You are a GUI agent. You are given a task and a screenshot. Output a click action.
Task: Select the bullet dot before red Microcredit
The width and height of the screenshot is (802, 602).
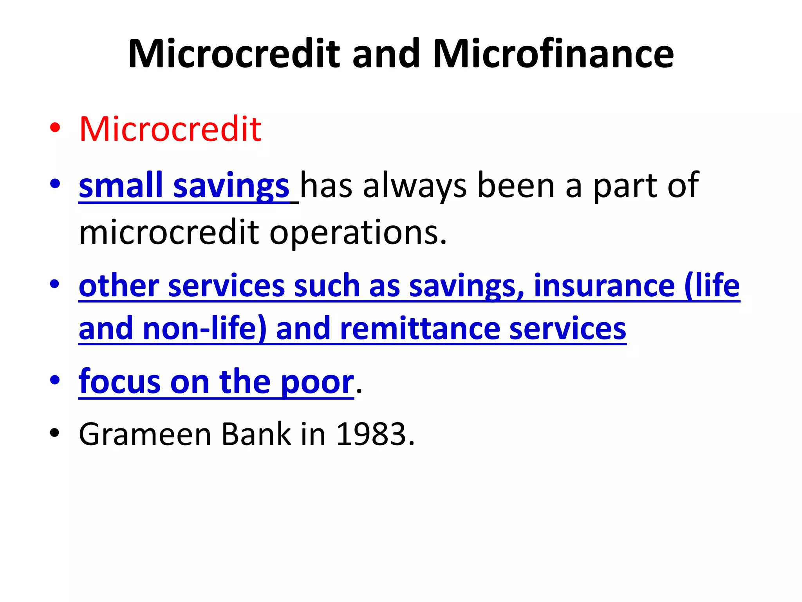click(x=55, y=128)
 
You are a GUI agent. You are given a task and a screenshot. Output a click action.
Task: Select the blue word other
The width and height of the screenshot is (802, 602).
click(x=119, y=286)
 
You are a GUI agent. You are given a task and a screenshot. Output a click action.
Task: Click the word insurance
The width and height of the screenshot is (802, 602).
click(x=604, y=286)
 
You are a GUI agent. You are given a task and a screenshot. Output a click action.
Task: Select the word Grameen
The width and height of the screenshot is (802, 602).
click(x=145, y=435)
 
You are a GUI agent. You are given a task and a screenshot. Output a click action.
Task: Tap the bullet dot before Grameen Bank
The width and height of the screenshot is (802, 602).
click(x=55, y=433)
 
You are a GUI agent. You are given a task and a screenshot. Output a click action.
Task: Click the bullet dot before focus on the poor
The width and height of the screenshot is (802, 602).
click(x=55, y=380)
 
